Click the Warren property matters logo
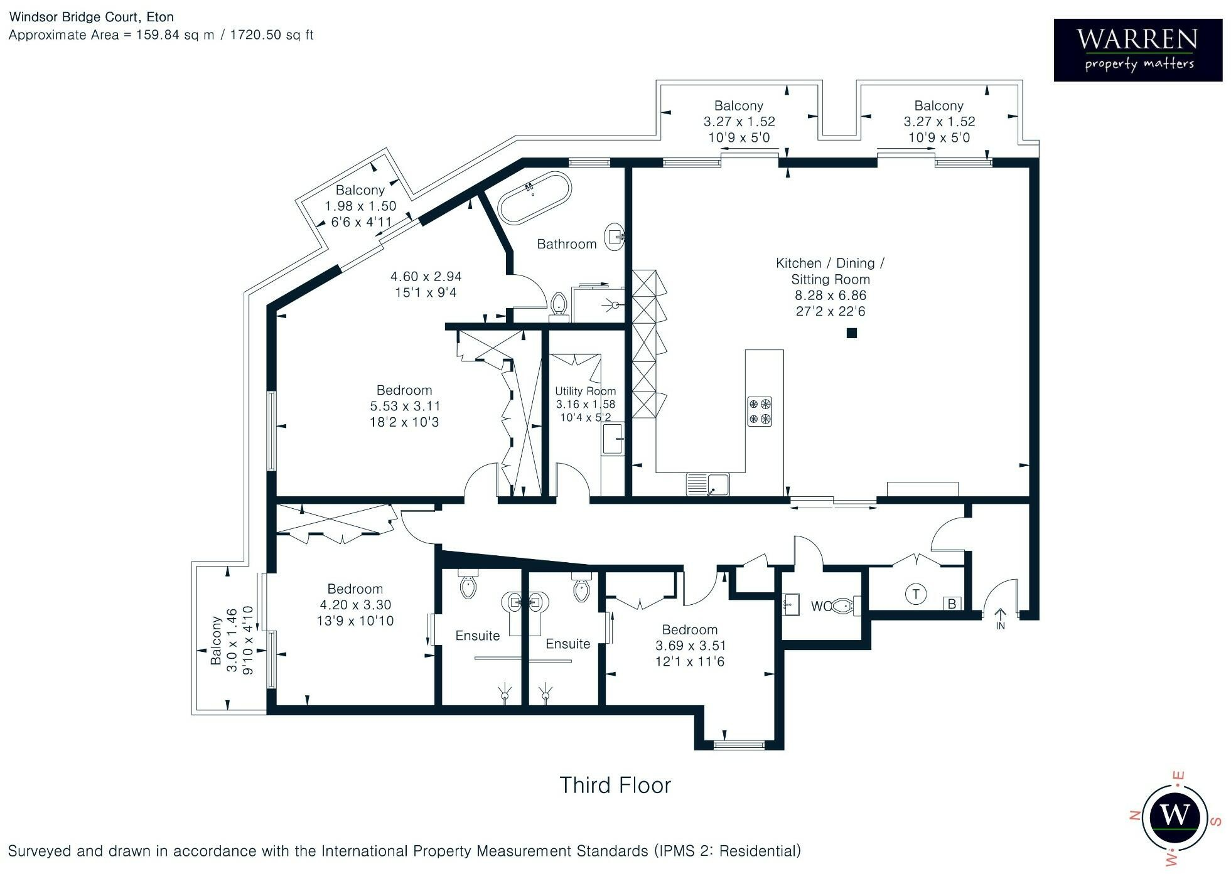point(1137,50)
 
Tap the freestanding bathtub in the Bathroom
point(534,197)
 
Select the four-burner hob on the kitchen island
point(759,412)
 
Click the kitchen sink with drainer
point(708,484)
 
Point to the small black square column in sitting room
point(851,333)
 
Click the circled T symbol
point(916,594)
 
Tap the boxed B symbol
point(952,604)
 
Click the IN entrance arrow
point(1000,618)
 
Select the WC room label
point(820,606)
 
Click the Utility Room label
point(585,391)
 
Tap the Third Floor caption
point(615,785)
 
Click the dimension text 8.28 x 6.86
point(830,295)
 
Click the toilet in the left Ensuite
point(468,586)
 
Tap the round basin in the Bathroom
point(615,237)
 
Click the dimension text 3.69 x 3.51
point(689,646)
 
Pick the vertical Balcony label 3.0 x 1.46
point(232,640)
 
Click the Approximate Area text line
point(161,35)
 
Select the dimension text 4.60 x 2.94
point(426,276)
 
